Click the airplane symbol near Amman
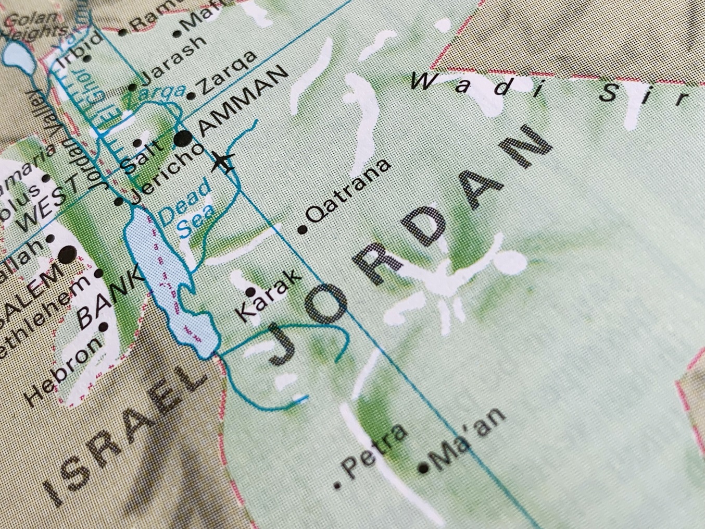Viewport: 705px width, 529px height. pyautogui.click(x=224, y=162)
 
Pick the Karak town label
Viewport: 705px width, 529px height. pyautogui.click(x=268, y=295)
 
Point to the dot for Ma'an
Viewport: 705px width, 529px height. pyautogui.click(x=424, y=468)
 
